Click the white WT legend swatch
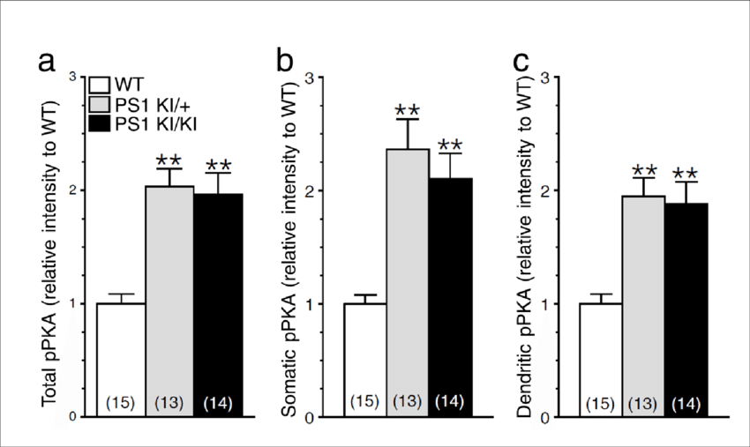click(101, 86)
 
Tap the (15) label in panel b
click(364, 402)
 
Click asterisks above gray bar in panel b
click(408, 110)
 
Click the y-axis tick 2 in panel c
click(556, 190)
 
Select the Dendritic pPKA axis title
click(527, 247)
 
